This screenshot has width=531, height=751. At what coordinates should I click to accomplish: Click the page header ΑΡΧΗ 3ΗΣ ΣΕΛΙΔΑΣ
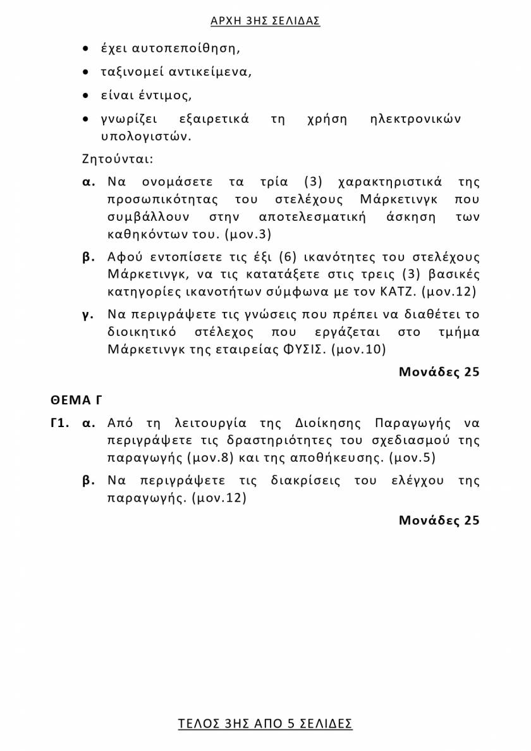point(265,21)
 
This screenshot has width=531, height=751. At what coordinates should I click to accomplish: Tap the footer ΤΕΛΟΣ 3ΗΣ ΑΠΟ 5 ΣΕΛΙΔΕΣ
point(265,724)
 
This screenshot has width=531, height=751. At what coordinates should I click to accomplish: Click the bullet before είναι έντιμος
point(86,96)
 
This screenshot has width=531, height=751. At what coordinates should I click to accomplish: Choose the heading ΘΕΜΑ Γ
point(76,400)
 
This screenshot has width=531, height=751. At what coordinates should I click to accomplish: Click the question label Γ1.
point(59,423)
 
